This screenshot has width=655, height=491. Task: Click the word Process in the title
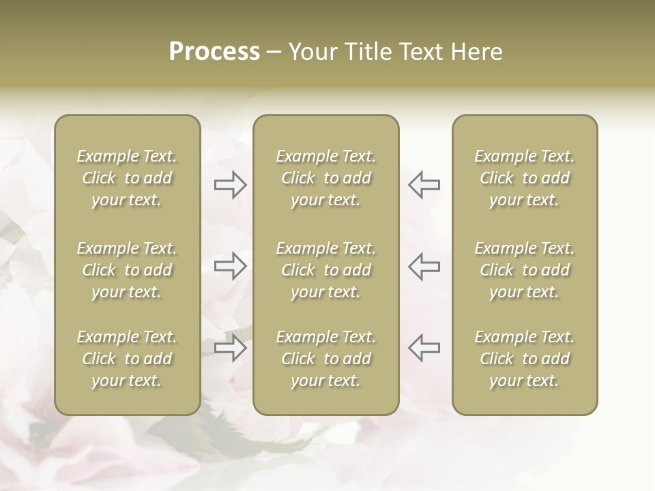(214, 52)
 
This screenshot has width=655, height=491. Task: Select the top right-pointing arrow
(231, 185)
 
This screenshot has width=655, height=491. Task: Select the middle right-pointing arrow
(231, 266)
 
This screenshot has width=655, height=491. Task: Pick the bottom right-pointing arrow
(231, 347)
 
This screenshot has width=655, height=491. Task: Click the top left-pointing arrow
(424, 185)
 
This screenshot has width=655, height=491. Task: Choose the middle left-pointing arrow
(424, 266)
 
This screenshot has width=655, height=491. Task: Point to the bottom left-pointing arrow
(424, 347)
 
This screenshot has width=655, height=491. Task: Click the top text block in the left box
(127, 178)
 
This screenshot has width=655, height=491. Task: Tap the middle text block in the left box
(127, 270)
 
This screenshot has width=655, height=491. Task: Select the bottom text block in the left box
(127, 359)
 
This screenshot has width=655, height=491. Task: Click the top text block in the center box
(325, 178)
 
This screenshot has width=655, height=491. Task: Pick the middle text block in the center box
(325, 270)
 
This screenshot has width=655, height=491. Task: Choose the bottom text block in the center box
(325, 359)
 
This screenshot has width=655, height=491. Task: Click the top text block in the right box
(524, 178)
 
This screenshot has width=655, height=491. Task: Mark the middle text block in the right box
(524, 270)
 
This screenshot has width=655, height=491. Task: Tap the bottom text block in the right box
(524, 359)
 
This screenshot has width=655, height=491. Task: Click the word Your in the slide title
(312, 52)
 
